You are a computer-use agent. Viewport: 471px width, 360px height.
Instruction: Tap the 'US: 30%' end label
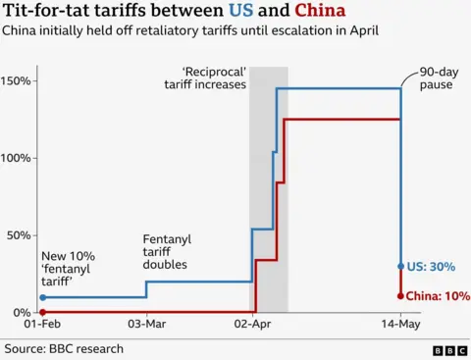(x=432, y=266)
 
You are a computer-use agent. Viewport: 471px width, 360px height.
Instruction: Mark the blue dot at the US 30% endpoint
(x=400, y=266)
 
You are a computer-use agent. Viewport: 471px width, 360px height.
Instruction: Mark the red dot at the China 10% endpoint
(x=400, y=295)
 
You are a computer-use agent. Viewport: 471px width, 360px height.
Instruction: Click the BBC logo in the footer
(x=449, y=349)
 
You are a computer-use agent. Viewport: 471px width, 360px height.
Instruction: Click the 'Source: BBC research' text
(x=64, y=348)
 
